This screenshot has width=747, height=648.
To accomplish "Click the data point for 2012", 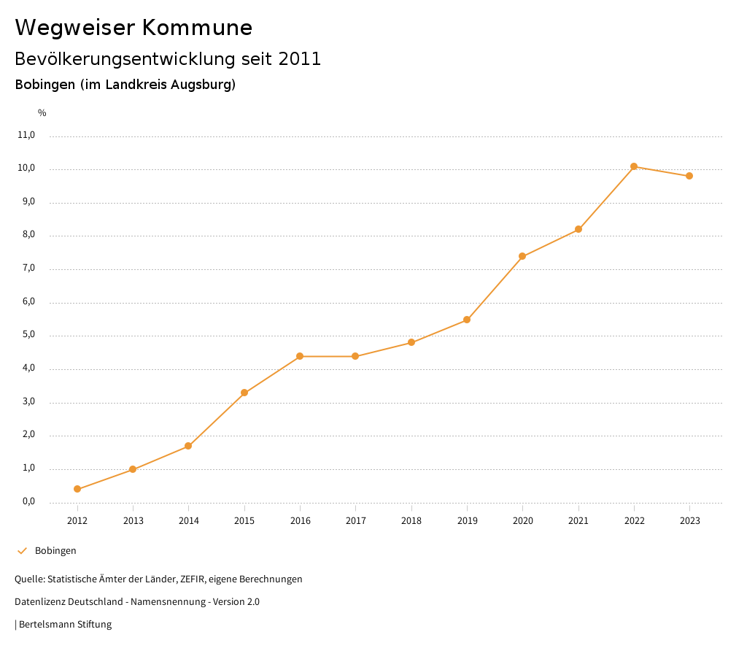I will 77,489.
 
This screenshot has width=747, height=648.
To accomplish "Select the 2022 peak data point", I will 634,166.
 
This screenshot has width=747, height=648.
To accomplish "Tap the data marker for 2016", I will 300,356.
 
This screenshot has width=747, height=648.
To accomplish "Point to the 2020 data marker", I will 522,256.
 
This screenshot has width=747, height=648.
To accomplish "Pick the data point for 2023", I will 689,176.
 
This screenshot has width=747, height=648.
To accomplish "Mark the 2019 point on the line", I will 467,320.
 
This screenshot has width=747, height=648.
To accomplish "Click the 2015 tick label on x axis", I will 244,521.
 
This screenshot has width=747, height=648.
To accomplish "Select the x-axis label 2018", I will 411,521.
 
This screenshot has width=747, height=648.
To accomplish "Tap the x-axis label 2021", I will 578,521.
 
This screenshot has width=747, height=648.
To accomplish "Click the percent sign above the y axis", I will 42,113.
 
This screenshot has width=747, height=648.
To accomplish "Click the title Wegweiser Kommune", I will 133,28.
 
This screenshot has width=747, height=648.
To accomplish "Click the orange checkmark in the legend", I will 22,551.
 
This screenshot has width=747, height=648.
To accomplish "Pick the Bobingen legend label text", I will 55,551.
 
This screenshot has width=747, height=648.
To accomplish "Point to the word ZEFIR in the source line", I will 192,579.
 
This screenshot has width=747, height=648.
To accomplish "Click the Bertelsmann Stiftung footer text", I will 65,625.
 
